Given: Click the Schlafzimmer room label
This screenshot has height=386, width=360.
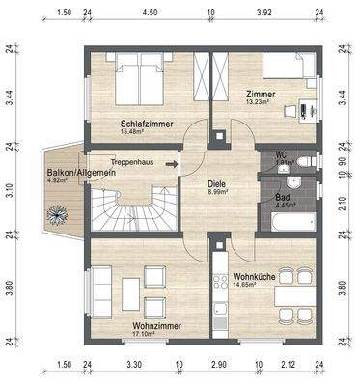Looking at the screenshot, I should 147,124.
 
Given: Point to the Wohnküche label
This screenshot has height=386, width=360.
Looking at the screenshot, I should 254,277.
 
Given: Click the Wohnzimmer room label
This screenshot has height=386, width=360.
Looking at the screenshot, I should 157,326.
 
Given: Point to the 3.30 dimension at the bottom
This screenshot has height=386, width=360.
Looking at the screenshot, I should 134,365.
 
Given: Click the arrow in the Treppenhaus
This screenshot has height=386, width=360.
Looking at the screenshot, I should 171,164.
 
